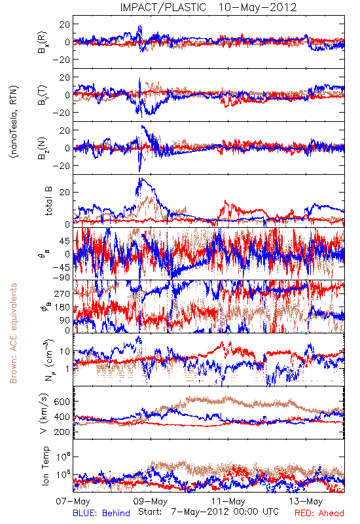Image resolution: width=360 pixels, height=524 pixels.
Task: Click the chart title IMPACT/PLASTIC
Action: pos(163,7)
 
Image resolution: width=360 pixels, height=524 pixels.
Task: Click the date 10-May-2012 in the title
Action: pos(257,7)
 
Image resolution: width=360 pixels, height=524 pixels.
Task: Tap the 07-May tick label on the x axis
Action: pos(73,501)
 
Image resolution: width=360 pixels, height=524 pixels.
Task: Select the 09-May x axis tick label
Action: pos(151,501)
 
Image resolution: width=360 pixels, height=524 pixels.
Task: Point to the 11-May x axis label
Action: pos(228,501)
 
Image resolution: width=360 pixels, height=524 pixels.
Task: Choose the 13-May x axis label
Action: pos(306,501)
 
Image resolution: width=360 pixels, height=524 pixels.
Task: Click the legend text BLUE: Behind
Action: pos(101,513)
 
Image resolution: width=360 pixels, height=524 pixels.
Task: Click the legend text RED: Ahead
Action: pos(319,513)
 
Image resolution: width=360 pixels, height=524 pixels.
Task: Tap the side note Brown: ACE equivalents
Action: pos(13,333)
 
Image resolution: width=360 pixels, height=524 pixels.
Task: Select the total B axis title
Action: pos(48,201)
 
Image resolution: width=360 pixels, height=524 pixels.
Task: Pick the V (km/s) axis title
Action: pos(44,413)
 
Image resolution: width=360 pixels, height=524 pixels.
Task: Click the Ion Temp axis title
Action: pos(45,466)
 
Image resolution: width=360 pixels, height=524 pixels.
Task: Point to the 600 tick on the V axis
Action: pos(62,402)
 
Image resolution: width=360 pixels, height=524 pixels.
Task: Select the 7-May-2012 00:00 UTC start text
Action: pos(225,512)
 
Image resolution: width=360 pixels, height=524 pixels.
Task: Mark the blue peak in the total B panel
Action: pos(141,178)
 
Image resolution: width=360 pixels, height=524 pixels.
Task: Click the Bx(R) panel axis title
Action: pos(43,42)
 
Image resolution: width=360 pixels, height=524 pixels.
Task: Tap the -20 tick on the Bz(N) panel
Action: pos(61,166)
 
